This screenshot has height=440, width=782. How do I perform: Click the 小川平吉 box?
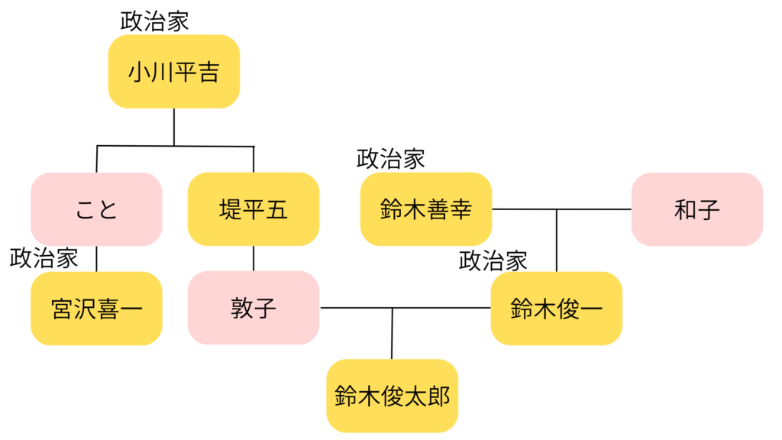174,71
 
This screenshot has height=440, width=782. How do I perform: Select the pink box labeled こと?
96,209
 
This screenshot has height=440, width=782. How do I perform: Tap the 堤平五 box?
254,209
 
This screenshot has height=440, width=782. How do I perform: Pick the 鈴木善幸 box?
426,209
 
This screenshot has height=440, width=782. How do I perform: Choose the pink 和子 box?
697,209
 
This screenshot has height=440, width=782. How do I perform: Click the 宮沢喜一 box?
96,308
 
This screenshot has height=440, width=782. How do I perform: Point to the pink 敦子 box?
254,308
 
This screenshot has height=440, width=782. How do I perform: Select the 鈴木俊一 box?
557,308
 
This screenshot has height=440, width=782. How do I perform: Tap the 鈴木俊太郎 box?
392,396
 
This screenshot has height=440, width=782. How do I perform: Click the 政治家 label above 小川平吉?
154,21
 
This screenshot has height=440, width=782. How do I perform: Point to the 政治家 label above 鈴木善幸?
391,159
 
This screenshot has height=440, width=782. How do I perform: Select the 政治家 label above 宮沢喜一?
44,258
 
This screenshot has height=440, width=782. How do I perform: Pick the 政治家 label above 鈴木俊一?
493,260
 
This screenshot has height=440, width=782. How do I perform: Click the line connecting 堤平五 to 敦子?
254,258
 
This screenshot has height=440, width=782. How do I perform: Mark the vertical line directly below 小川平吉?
174,126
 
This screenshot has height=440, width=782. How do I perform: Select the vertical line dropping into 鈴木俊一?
557,241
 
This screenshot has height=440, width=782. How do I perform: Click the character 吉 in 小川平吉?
208,72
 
